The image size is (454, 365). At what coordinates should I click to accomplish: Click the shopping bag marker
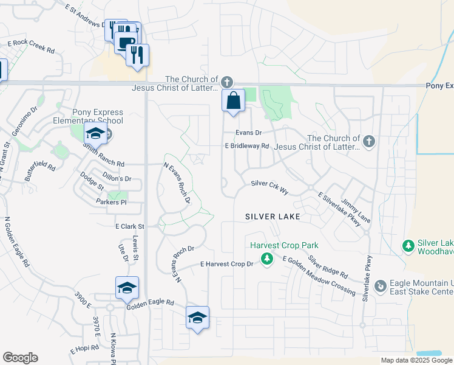233,101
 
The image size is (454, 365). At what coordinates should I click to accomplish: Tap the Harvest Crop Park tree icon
266,259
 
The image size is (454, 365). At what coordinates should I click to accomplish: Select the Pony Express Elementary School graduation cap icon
95,133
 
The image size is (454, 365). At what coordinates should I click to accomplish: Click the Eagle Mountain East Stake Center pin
381,285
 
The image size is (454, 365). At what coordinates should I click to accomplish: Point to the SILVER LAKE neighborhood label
273,217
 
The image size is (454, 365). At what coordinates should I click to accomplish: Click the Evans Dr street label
249,133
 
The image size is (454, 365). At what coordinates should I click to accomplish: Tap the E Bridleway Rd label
246,146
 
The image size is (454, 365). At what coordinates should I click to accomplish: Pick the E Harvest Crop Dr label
226,264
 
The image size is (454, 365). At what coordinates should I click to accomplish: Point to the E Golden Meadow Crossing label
319,276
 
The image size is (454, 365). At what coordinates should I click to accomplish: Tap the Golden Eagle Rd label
150,303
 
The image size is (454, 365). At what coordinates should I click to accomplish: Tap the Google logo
20,357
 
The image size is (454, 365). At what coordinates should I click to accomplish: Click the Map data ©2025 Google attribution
416,360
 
